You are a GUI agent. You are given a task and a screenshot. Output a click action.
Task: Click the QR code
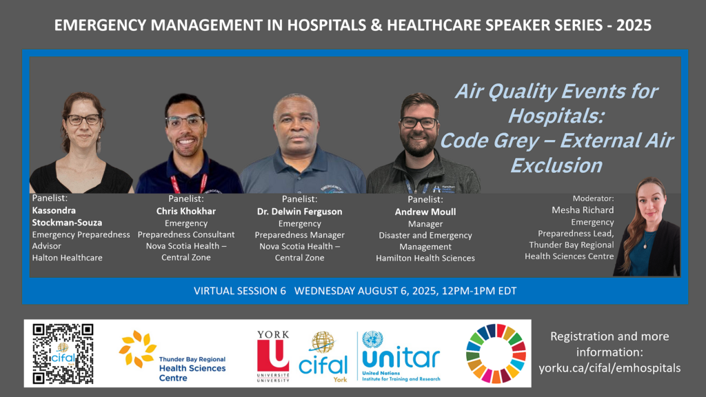pyautogui.click(x=63, y=354)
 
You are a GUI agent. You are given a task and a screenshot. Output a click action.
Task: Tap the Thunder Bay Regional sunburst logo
pyautogui.click(x=137, y=348)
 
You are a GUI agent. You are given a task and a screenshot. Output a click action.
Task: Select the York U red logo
pyautogui.click(x=273, y=355)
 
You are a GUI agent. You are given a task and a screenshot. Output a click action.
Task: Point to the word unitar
pyautogui.click(x=401, y=358)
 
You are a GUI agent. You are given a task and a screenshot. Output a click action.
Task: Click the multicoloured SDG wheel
pyautogui.click(x=496, y=354)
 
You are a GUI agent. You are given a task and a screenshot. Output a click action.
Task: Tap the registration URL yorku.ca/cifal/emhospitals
pyautogui.click(x=609, y=368)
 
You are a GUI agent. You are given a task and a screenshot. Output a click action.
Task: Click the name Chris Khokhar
pyautogui.click(x=186, y=211)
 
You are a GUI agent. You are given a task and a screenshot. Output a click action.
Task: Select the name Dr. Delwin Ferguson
pyautogui.click(x=299, y=212)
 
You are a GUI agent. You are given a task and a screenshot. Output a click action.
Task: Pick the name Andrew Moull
pyautogui.click(x=425, y=212)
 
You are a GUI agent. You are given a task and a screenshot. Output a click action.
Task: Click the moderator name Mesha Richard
pyautogui.click(x=583, y=210)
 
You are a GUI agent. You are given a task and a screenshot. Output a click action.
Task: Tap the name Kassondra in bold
pyautogui.click(x=54, y=210)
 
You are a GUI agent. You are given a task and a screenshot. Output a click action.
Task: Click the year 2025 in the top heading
pyautogui.click(x=634, y=26)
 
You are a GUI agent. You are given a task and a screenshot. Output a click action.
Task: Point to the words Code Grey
pyautogui.click(x=490, y=141)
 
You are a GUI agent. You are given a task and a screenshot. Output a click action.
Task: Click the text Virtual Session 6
pyautogui.click(x=239, y=291)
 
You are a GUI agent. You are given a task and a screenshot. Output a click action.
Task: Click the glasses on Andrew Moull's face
pyautogui.click(x=418, y=122)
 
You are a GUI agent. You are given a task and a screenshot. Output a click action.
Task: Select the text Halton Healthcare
pyautogui.click(x=67, y=258)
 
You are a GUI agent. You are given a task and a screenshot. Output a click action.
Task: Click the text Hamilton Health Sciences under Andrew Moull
pyautogui.click(x=425, y=258)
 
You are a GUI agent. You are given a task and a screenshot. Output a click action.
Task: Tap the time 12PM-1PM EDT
pyautogui.click(x=479, y=291)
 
